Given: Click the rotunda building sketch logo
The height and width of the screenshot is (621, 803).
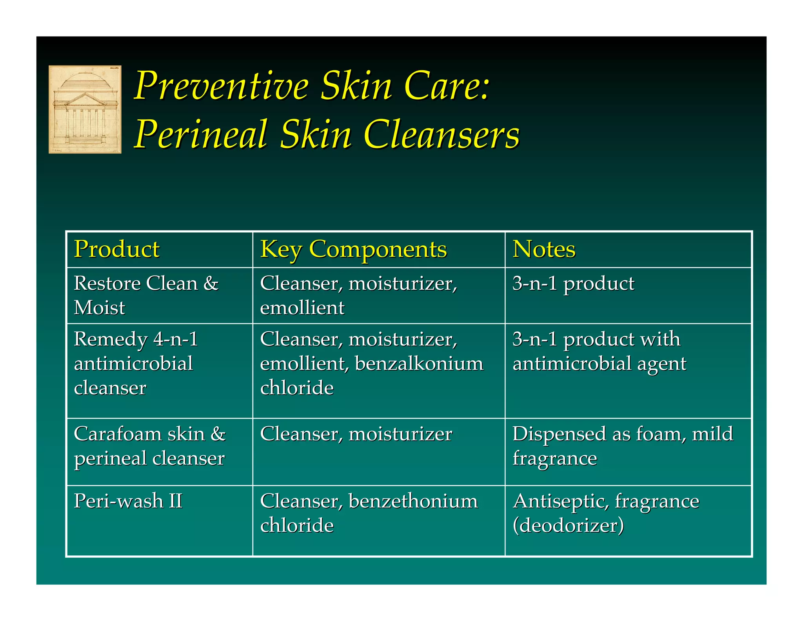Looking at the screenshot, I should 85,109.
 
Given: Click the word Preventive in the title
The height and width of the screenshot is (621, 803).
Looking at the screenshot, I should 222,86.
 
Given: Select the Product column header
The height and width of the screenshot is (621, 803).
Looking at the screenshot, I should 117,249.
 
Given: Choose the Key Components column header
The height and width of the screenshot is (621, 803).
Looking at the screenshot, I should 353,250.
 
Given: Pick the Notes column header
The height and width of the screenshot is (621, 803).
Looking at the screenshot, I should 544,249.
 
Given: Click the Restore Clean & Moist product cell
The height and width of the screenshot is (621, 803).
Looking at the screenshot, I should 146,295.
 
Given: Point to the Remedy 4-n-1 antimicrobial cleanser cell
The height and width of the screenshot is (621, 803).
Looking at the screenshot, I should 136,363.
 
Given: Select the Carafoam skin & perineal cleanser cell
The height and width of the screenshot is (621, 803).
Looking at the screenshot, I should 150,446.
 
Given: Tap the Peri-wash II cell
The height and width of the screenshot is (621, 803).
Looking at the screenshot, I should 128,501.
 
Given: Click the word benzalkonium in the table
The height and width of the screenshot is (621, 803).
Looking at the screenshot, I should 419,363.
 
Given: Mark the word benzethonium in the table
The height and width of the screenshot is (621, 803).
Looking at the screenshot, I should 413,501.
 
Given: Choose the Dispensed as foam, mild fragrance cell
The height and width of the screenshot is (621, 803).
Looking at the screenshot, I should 623,446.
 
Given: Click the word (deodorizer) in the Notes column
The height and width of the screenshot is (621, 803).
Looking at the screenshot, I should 568,526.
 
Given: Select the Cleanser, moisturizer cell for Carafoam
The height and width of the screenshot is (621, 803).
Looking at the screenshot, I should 356,434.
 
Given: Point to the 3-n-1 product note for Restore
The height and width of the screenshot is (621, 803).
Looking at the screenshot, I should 573,283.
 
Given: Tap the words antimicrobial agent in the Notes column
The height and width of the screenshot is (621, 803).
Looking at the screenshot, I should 600,363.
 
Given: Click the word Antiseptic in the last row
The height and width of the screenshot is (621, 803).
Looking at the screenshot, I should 560,501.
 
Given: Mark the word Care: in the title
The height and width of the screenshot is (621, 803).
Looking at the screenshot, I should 447,86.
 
